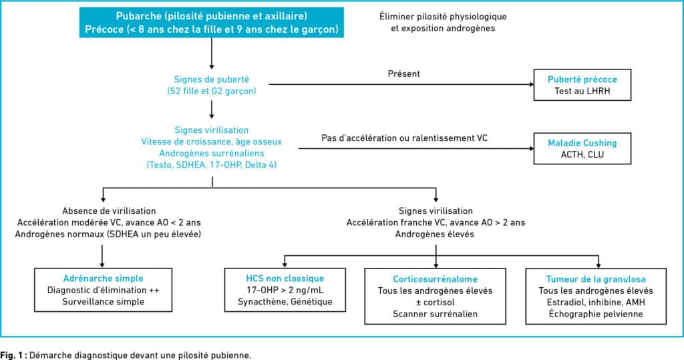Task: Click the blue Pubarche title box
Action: pos(212,23)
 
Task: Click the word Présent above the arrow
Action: pos(404,73)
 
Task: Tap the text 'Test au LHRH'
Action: pos(582,92)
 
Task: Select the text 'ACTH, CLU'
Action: pos(582,154)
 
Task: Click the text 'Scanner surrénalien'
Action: pos(435,314)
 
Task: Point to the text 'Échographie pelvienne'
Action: pos(596,314)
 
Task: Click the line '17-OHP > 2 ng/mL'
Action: pos(285,290)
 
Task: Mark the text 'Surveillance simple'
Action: pos(104,301)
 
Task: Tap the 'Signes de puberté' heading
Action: pos(212,79)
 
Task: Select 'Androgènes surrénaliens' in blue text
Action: pos(212,153)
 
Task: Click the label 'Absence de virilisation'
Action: pos(109,211)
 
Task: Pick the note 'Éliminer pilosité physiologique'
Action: pos(444,17)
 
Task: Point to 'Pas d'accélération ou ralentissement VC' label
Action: pos(404,138)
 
